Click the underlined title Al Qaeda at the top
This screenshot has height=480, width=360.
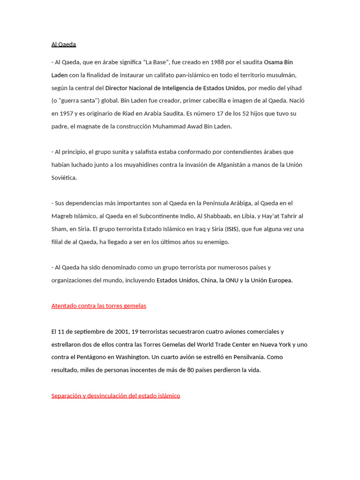point(63,45)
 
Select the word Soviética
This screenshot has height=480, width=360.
point(64,178)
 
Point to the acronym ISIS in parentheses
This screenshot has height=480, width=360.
point(232,229)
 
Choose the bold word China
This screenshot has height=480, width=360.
point(209,280)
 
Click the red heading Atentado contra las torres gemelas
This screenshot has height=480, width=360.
point(98,306)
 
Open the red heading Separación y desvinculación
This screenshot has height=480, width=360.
point(115,396)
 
